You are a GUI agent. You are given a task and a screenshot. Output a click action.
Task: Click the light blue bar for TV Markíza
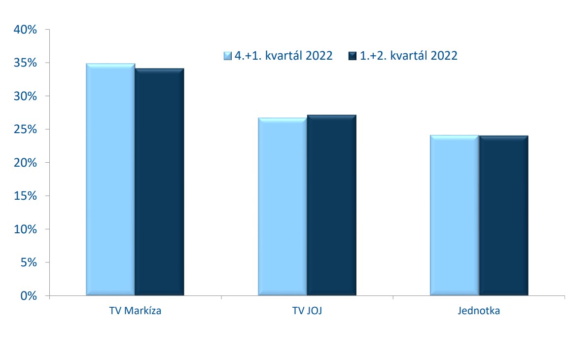[x=110, y=180]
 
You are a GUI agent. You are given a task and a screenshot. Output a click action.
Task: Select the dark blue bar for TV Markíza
[x=159, y=182]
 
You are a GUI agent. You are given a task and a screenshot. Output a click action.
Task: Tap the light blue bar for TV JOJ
[x=283, y=207]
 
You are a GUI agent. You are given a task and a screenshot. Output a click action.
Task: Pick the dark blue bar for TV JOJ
[x=332, y=205]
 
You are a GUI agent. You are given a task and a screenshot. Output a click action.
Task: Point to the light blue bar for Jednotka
[x=455, y=216]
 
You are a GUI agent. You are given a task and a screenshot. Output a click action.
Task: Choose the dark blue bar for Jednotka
[x=504, y=216]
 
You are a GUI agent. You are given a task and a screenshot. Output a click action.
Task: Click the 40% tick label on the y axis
[x=25, y=30]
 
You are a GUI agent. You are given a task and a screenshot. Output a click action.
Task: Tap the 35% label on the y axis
[x=25, y=63]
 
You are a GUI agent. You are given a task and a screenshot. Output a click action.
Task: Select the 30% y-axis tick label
[x=25, y=96]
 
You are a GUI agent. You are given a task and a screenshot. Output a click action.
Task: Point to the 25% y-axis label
[x=25, y=130]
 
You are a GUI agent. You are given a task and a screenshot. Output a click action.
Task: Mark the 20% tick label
[x=25, y=163]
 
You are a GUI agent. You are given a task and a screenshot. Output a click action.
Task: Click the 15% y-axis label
[x=25, y=196]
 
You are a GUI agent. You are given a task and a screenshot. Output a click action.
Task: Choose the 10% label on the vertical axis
[x=25, y=229]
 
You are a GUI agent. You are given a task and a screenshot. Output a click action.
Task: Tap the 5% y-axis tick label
[x=29, y=263]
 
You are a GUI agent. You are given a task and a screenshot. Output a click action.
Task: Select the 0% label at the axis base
[x=29, y=296]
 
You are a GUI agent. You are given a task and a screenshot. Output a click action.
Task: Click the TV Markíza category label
[x=135, y=311]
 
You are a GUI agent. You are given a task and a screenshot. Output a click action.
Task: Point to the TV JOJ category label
[x=307, y=311]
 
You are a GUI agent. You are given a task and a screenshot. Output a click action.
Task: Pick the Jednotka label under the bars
[x=479, y=311]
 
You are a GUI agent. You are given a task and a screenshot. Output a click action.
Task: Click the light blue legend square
[x=227, y=56]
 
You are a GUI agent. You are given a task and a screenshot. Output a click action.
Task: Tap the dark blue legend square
[x=352, y=56]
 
